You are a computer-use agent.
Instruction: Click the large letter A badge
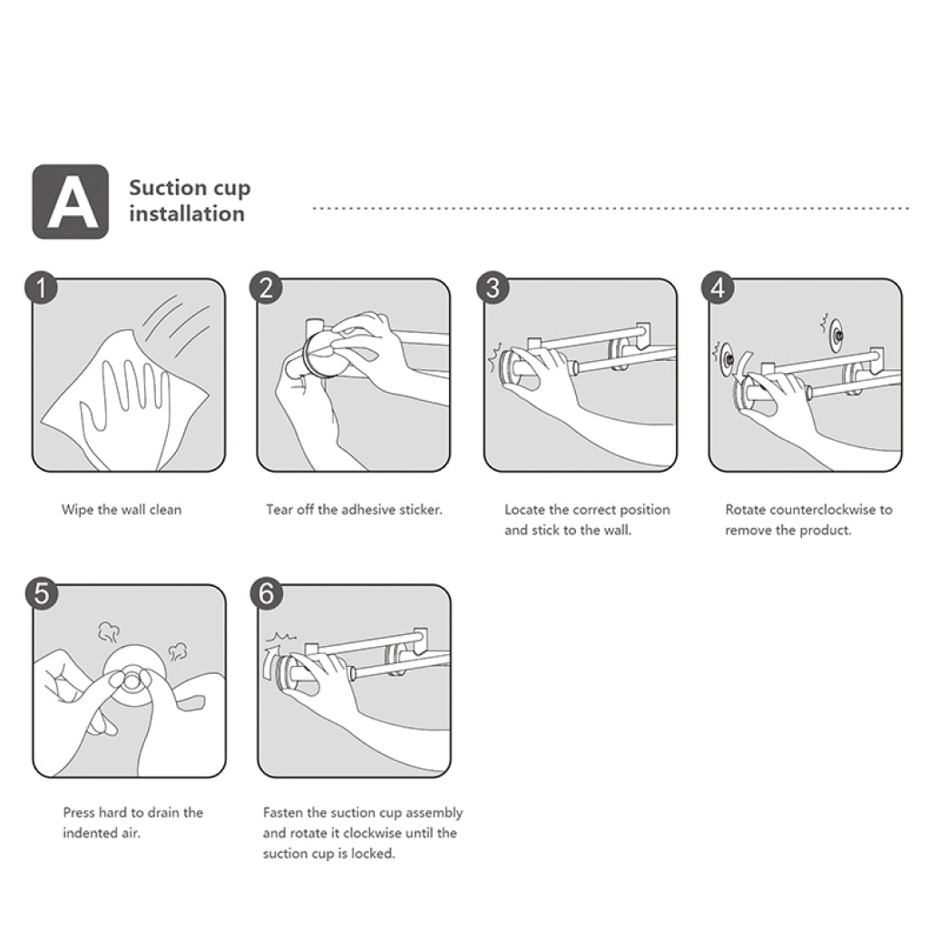tap(71, 201)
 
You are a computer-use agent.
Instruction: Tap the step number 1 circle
tap(41, 288)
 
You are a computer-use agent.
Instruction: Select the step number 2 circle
tap(266, 288)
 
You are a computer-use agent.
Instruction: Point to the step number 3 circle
tap(493, 288)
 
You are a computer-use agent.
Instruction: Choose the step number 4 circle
tap(719, 288)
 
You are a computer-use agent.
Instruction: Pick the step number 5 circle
tap(42, 593)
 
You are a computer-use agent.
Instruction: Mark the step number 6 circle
tap(267, 593)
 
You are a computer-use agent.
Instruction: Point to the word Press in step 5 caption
tap(79, 812)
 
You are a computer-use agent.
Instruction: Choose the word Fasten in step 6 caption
tap(283, 812)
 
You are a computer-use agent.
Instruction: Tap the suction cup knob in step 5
tap(132, 680)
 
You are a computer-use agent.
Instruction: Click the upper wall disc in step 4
tap(836, 334)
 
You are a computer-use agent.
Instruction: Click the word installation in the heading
tap(187, 214)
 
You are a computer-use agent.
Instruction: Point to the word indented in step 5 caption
tap(85, 833)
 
